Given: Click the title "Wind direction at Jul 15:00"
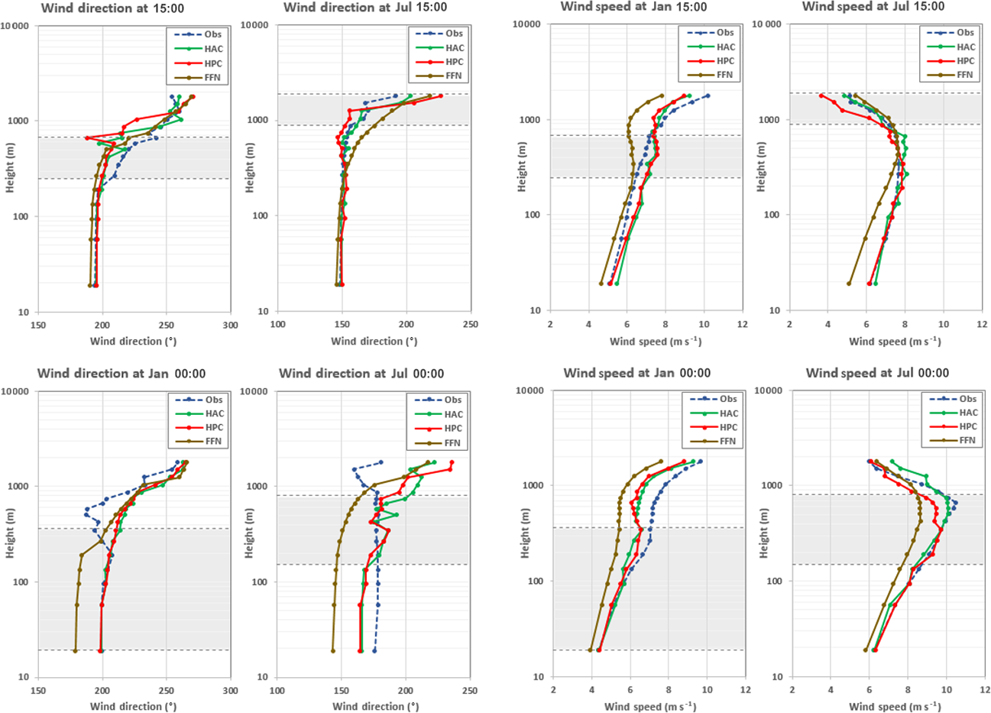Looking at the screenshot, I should pyautogui.click(x=365, y=8).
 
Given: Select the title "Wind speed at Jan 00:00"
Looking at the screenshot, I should pyautogui.click(x=636, y=373).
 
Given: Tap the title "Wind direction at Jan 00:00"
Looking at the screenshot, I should pyautogui.click(x=121, y=374).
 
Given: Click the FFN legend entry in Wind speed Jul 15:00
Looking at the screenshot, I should pyautogui.click(x=965, y=75).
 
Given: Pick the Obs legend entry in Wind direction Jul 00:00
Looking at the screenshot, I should pyautogui.click(x=453, y=400).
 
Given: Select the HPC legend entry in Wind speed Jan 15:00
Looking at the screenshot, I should pyautogui.click(x=725, y=61).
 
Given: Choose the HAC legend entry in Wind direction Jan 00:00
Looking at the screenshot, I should pyautogui.click(x=215, y=413).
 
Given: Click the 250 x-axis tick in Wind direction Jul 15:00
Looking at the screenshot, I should pyautogui.click(x=471, y=325).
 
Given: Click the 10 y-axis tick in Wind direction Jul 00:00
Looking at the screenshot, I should pyautogui.click(x=263, y=677).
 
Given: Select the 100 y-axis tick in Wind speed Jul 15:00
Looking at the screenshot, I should pyautogui.click(x=772, y=216).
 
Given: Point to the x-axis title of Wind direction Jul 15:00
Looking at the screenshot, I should pyautogui.click(x=374, y=341).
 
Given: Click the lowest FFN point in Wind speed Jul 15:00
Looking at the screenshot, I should pyautogui.click(x=849, y=284).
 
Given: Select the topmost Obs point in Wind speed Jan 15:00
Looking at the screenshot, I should pyautogui.click(x=708, y=96).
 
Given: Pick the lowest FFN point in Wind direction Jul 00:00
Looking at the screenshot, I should pyautogui.click(x=333, y=650).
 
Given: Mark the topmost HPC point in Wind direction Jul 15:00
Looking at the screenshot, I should pyautogui.click(x=441, y=96).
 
